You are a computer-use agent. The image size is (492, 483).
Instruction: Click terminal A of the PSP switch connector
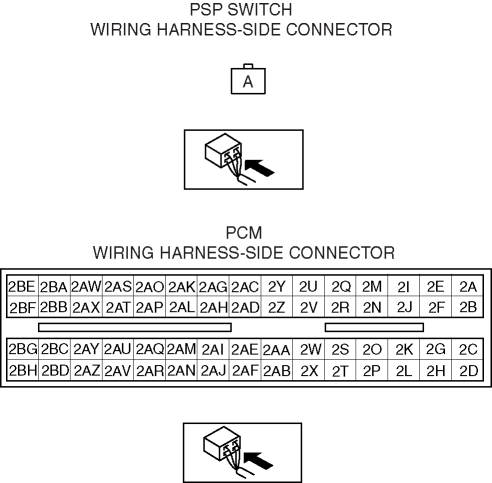pyautogui.click(x=248, y=81)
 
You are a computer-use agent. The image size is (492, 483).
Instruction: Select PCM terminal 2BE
pyautogui.click(x=23, y=286)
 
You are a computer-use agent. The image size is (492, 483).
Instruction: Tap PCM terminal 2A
pyautogui.click(x=467, y=286)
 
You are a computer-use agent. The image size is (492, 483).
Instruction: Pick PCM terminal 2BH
pyautogui.click(x=23, y=370)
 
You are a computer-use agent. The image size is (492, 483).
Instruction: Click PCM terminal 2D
pyautogui.click(x=467, y=370)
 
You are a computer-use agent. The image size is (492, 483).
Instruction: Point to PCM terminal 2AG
pyautogui.click(x=213, y=286)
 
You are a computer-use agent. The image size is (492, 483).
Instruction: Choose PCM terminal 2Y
pyautogui.click(x=277, y=286)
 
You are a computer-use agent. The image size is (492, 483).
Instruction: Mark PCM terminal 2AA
pyautogui.click(x=277, y=349)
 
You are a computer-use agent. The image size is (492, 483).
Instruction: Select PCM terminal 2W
pyautogui.click(x=309, y=349)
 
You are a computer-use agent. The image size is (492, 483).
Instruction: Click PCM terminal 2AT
pyautogui.click(x=118, y=307)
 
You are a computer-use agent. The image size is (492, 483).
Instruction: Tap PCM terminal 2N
pyautogui.click(x=372, y=307)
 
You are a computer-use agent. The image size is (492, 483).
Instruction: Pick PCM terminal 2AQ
pyautogui.click(x=150, y=349)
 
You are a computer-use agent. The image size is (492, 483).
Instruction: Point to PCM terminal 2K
pyautogui.click(x=404, y=349)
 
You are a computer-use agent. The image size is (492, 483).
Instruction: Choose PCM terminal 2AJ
pyautogui.click(x=213, y=370)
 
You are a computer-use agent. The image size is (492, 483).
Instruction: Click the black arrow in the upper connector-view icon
pyautogui.click(x=259, y=168)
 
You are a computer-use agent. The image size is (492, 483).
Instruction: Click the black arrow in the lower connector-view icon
pyautogui.click(x=258, y=461)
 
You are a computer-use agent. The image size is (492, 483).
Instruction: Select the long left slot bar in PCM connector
pyautogui.click(x=135, y=327)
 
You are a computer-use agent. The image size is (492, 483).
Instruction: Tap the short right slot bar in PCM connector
pyautogui.click(x=374, y=327)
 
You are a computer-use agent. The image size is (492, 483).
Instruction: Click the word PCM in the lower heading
pyautogui.click(x=244, y=233)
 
